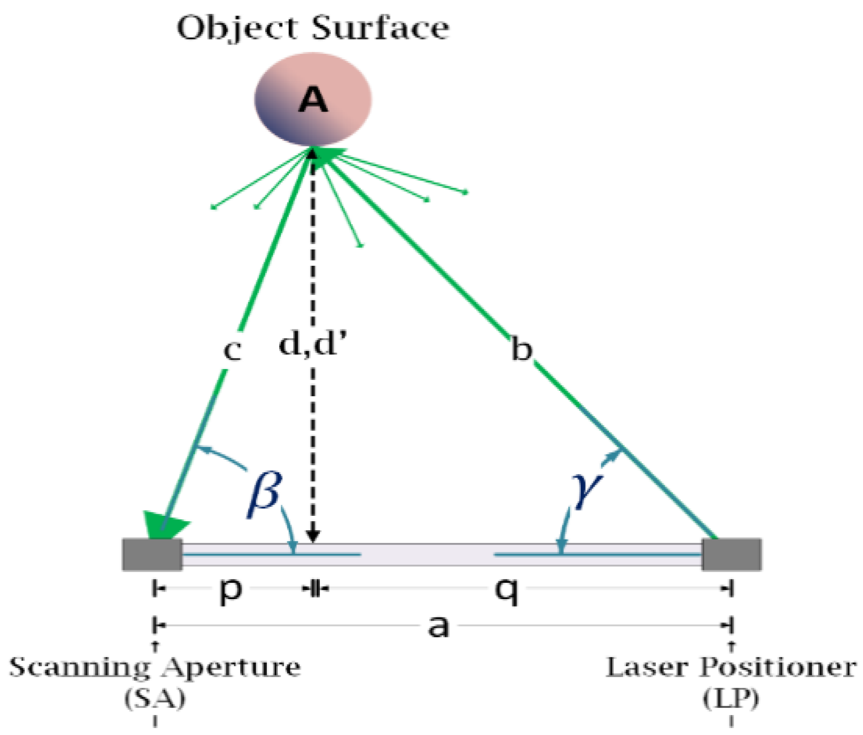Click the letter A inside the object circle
pyautogui.click(x=313, y=100)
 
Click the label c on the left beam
pyautogui.click(x=232, y=350)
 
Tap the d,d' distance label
pyautogui.click(x=312, y=343)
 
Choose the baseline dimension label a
pyautogui.click(x=438, y=626)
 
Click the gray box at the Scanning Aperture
pyautogui.click(x=152, y=554)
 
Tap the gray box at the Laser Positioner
pyautogui.click(x=732, y=554)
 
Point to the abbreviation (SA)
pyautogui.click(x=155, y=699)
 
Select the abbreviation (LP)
pyautogui.click(x=731, y=699)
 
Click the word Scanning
pyautogui.click(x=79, y=668)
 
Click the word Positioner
pyautogui.click(x=778, y=668)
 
